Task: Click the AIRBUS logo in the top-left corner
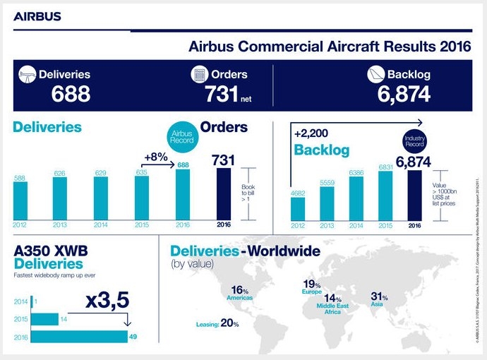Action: (36, 16)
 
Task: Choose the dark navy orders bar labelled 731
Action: (223, 195)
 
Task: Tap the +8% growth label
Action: (155, 157)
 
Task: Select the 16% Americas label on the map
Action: (240, 293)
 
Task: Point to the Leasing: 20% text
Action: (217, 323)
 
